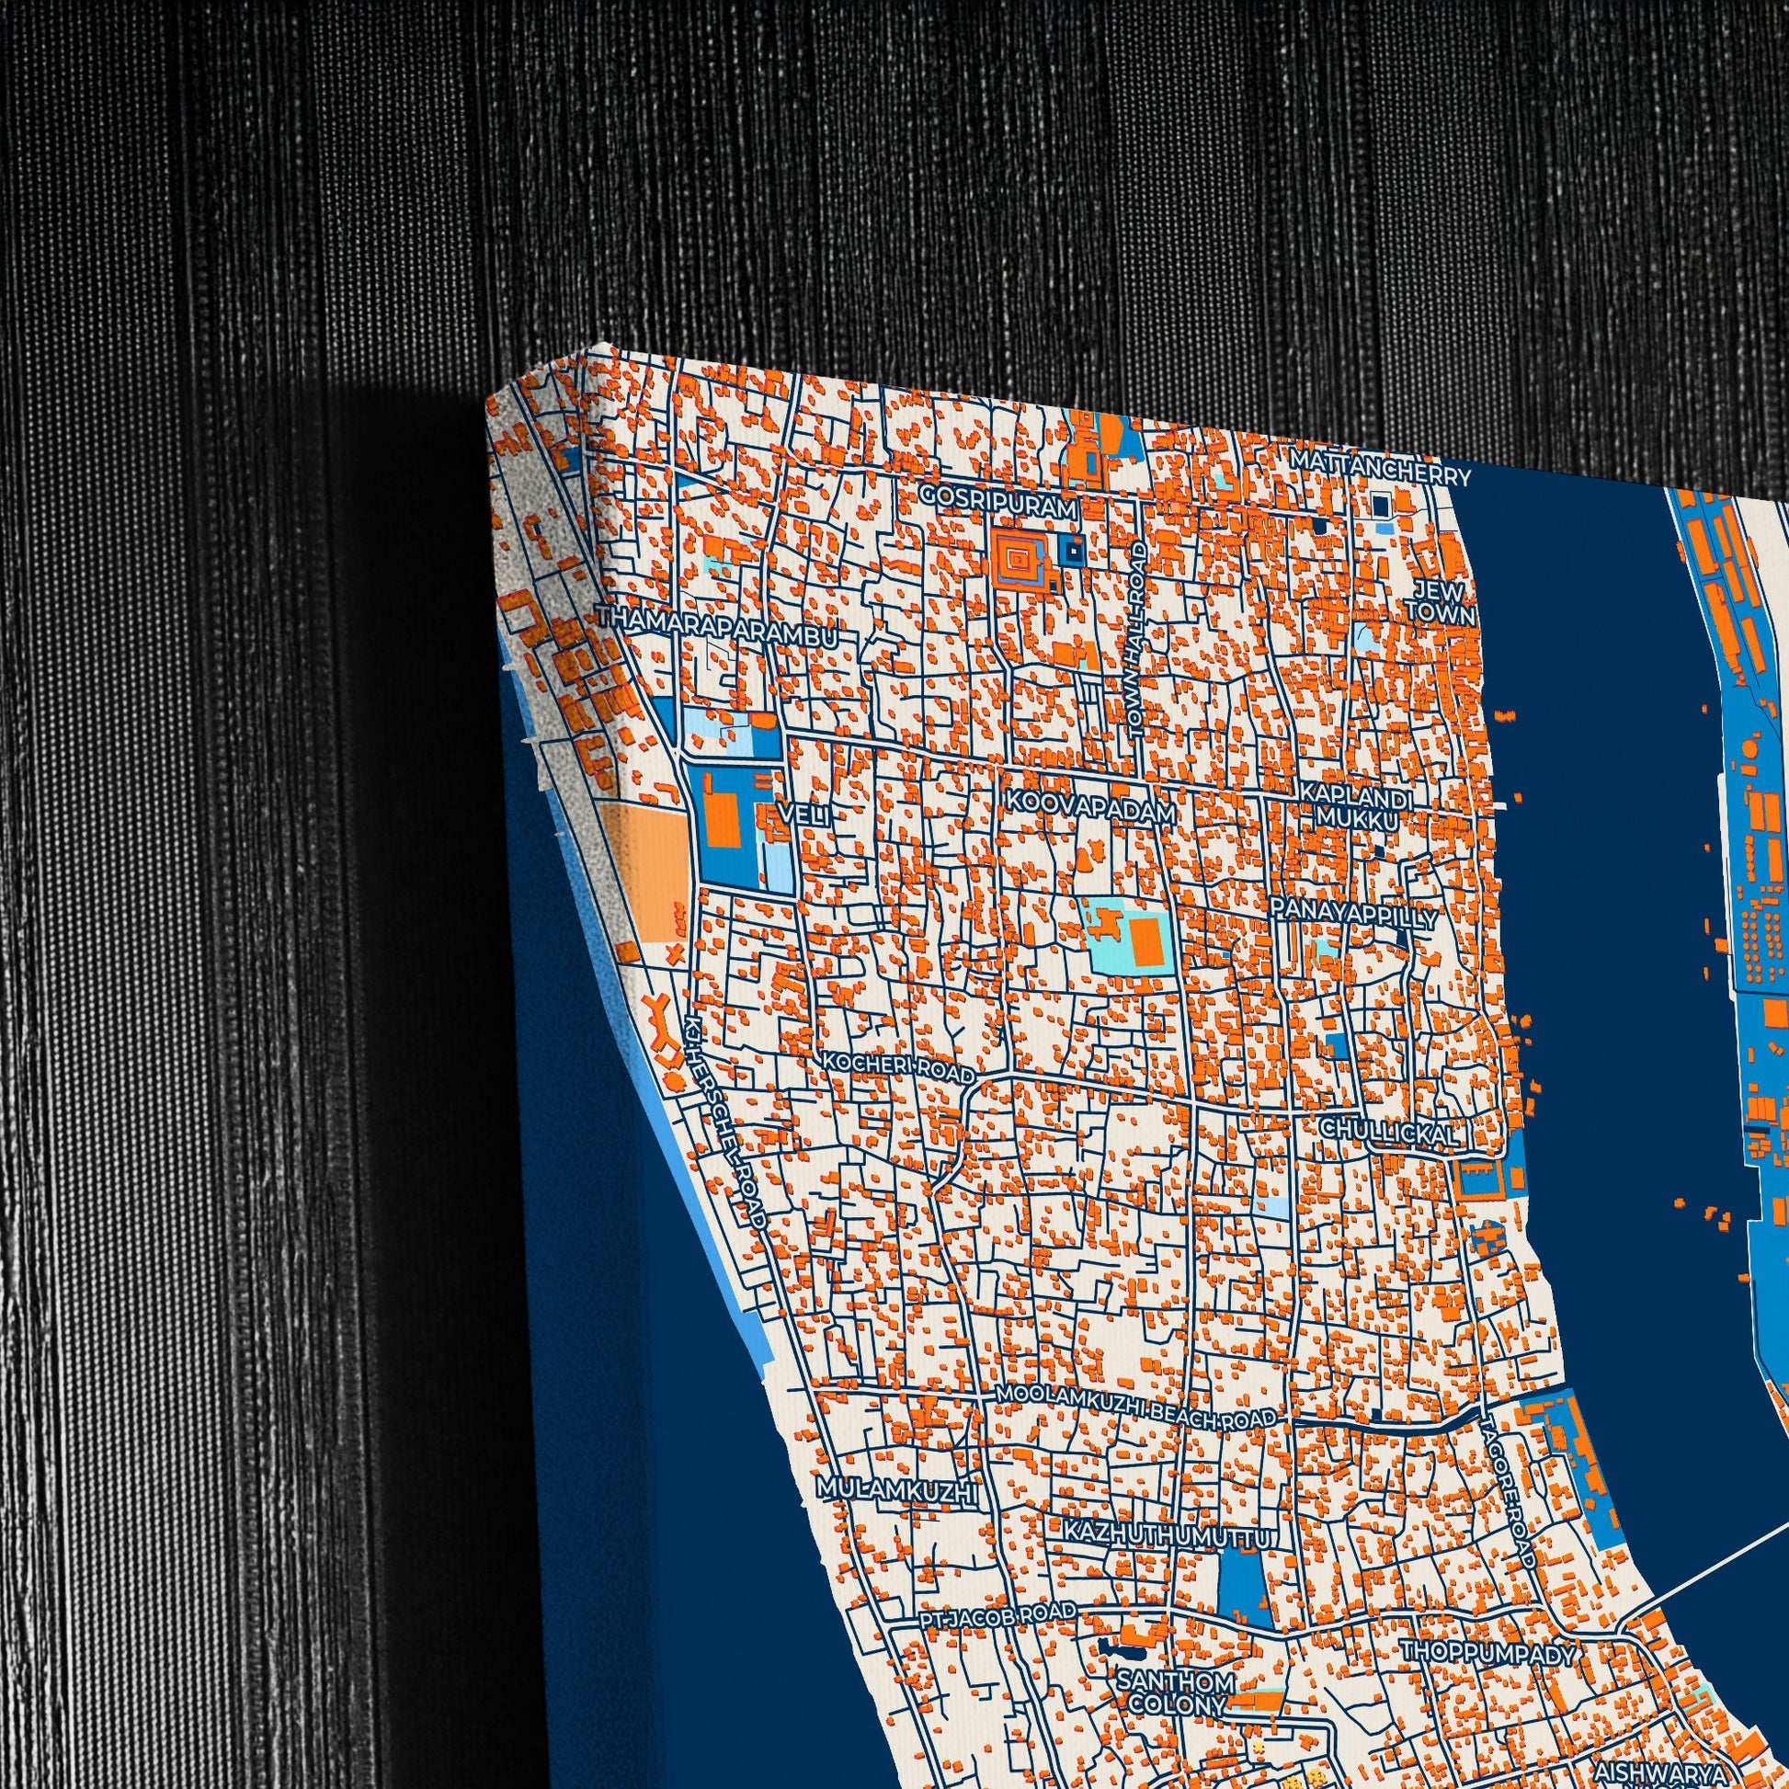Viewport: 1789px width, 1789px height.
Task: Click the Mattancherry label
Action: click(1379, 468)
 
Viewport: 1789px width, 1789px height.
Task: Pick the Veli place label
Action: click(802, 814)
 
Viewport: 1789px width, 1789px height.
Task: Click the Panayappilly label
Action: click(1353, 913)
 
